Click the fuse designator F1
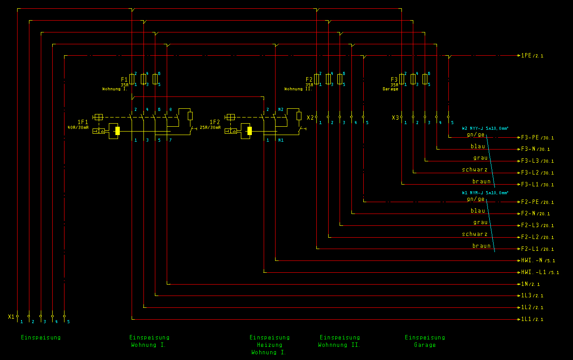click(x=124, y=79)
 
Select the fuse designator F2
click(x=309, y=79)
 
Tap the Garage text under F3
click(x=390, y=89)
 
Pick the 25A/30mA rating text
click(x=210, y=128)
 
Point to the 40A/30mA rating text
click(x=78, y=128)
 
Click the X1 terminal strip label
click(x=11, y=316)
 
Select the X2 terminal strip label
click(x=310, y=118)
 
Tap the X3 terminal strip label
click(x=395, y=118)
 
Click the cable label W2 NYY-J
click(x=485, y=128)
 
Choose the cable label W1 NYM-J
click(x=485, y=192)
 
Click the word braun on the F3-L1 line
click(x=481, y=182)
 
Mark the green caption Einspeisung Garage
click(x=425, y=341)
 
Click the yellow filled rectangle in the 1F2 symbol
click(x=249, y=131)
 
